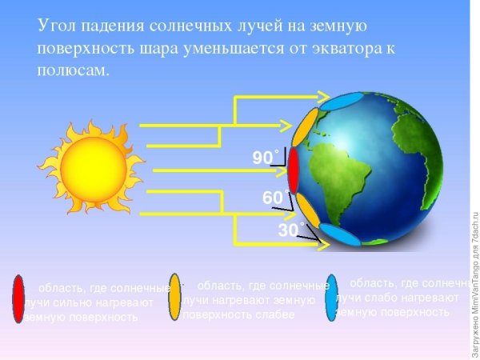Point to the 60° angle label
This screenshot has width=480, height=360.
274,198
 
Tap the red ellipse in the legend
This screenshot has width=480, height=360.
18,297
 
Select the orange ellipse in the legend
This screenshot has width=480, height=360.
174,296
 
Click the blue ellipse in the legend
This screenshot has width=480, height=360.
332,298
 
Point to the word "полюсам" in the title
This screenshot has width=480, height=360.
72,70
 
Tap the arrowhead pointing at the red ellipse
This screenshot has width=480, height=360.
284,170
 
